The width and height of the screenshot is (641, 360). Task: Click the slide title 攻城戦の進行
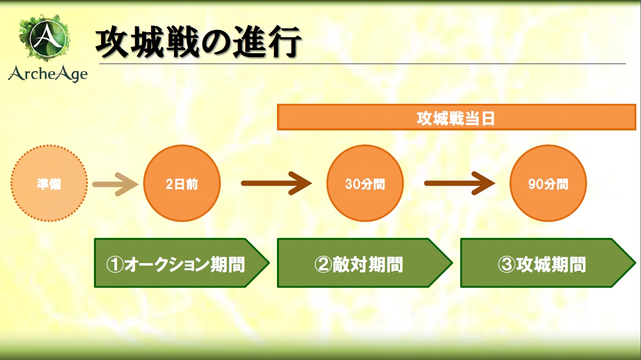pos(197,43)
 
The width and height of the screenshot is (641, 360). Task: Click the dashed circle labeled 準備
pos(49,184)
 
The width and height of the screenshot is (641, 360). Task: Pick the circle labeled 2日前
pos(182,184)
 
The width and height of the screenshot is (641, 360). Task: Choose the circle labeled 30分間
pos(365,184)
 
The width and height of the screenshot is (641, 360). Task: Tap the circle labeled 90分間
pos(548,184)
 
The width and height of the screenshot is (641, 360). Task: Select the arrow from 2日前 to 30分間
pos(276,184)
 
